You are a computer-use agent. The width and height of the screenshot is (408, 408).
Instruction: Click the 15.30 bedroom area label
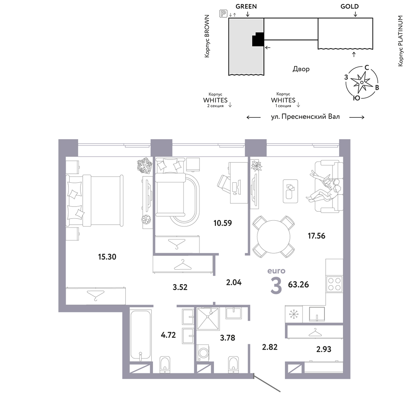point(107,257)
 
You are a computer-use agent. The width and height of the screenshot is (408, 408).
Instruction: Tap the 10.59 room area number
point(222,223)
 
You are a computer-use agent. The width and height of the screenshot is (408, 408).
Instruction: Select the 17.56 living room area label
point(317,236)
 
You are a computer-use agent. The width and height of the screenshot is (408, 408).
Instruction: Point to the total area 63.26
point(298,284)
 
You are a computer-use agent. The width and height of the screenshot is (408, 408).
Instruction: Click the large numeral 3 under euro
point(276,286)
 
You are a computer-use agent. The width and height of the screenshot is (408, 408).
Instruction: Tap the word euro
point(276,271)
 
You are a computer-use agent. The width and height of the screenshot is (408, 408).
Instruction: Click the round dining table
point(273,237)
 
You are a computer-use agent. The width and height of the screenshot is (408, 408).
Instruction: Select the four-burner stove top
point(335,284)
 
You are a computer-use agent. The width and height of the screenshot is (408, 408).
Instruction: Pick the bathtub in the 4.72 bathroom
point(140,335)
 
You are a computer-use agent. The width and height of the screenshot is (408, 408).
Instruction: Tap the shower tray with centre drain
point(208,319)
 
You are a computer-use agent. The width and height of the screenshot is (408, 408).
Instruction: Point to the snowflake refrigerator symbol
point(294,314)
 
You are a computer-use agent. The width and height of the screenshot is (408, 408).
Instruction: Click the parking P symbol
point(223,13)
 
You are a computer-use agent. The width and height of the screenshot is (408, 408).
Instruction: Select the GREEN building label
point(246,7)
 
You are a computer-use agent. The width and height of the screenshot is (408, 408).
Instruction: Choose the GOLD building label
point(350,7)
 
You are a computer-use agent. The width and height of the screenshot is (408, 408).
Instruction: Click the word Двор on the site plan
point(301,69)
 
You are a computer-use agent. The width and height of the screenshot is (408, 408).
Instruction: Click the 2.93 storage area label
point(324,349)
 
